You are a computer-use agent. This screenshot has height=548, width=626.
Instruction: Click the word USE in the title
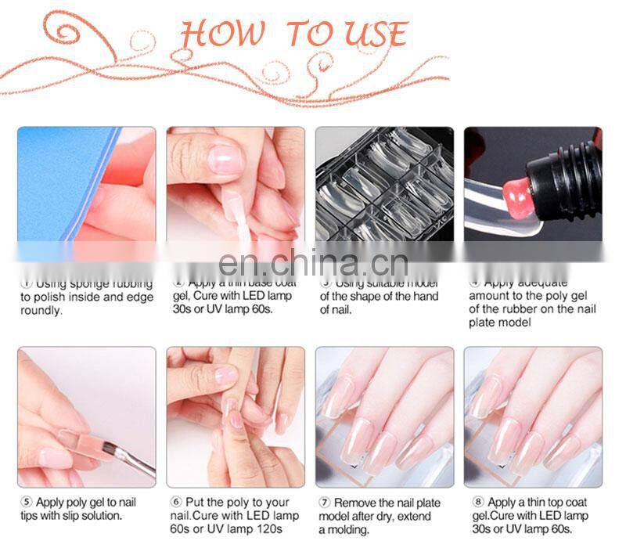[x=375, y=34]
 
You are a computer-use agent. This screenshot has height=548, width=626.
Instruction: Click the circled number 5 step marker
[x=25, y=502]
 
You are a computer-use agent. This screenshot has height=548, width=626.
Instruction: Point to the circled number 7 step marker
[x=323, y=502]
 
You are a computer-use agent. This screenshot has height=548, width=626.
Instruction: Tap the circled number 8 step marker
[x=473, y=502]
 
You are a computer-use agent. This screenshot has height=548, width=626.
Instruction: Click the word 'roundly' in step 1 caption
[x=41, y=310]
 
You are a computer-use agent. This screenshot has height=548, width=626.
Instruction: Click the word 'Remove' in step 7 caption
[x=356, y=502]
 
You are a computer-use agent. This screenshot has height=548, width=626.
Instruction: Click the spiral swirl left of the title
[x=67, y=31]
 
